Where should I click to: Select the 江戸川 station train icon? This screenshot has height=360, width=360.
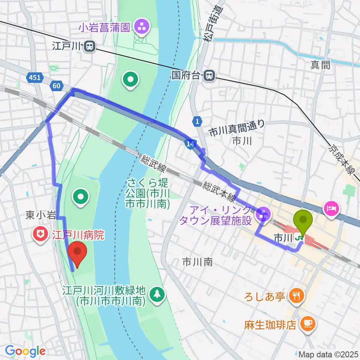click(x=90, y=46)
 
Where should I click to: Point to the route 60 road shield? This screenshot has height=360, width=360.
click(x=56, y=86)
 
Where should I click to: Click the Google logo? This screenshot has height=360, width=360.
click(x=25, y=351)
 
